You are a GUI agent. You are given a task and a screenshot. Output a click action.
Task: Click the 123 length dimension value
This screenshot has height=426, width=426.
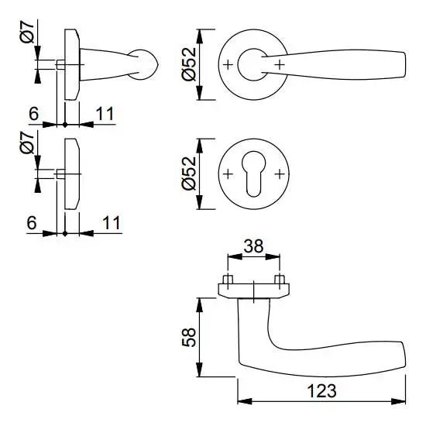(321, 391)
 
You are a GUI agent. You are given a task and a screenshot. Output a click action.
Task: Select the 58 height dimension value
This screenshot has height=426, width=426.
(189, 337)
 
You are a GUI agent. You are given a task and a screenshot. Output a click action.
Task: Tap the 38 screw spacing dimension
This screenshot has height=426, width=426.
(253, 246)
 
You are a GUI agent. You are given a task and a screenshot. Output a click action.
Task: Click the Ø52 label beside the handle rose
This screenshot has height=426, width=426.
(189, 64)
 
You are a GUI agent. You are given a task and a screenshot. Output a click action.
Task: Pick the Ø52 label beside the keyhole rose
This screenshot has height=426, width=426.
(189, 173)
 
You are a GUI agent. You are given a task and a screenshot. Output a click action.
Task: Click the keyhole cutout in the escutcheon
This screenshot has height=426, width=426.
(253, 173)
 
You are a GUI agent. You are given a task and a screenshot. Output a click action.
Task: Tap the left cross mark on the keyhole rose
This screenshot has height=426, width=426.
(228, 173)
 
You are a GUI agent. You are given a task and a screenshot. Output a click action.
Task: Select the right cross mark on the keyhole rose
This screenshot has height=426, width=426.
(280, 173)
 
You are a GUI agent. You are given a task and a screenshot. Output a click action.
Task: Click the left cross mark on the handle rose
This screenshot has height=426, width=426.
(228, 64)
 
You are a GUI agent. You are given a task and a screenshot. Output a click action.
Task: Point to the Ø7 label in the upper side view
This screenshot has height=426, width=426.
(27, 33)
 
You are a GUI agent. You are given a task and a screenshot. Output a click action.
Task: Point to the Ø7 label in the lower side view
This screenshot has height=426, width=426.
(27, 143)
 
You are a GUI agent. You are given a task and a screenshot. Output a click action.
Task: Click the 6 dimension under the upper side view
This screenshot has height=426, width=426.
(33, 114)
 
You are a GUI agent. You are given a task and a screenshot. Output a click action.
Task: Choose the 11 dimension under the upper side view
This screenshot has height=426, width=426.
(105, 114)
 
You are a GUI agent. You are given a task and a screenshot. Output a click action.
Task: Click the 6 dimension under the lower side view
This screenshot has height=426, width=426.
(32, 223)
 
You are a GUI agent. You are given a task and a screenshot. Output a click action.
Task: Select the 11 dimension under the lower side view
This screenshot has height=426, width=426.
(111, 223)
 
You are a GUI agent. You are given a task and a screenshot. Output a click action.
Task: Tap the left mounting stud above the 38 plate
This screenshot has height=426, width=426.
(228, 280)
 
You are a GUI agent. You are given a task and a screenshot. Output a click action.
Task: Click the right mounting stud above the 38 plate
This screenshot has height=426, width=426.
(280, 280)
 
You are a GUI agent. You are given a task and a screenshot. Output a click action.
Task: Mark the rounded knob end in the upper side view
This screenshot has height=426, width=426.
(146, 65)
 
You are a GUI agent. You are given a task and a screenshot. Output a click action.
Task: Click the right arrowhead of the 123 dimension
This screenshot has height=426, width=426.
(398, 401)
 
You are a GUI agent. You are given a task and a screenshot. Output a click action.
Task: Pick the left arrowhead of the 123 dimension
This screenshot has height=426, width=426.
(245, 401)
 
